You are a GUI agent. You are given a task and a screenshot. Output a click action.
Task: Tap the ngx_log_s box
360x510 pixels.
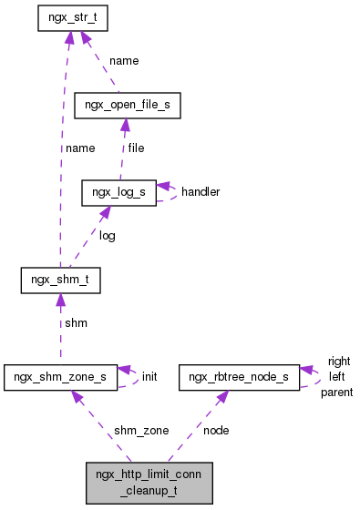click(x=118, y=193)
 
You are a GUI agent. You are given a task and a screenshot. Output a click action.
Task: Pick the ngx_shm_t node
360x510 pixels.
click(x=59, y=280)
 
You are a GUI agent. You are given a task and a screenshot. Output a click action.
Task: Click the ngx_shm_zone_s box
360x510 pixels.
click(x=61, y=376)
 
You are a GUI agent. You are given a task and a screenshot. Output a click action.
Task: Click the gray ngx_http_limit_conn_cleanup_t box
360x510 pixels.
click(x=149, y=483)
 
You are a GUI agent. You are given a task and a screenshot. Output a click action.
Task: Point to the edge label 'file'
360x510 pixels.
click(x=136, y=148)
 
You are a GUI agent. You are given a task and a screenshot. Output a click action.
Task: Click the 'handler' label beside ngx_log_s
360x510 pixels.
click(x=200, y=192)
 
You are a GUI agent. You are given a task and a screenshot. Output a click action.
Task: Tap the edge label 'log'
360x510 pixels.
click(x=107, y=235)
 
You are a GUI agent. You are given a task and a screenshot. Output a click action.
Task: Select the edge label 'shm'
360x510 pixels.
click(x=75, y=322)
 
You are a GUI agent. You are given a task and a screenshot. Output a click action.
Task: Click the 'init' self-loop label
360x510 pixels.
click(x=149, y=375)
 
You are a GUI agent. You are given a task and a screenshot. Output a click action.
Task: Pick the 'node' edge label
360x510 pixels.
click(x=216, y=429)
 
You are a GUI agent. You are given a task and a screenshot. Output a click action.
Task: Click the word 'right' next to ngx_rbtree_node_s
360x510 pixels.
click(x=339, y=361)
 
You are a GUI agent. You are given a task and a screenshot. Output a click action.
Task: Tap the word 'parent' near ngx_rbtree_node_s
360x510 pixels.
click(x=336, y=392)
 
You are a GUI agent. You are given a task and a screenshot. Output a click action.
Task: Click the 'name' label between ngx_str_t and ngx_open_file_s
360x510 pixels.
click(x=124, y=60)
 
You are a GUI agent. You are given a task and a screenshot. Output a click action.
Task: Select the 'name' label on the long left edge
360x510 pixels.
click(x=79, y=148)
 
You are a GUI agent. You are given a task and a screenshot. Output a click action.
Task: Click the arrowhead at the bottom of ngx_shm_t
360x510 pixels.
click(x=59, y=301)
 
